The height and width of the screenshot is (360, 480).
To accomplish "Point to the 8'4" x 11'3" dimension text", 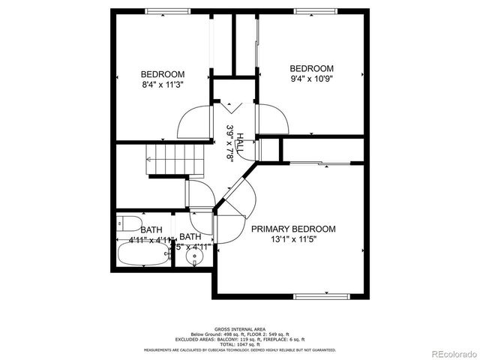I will [x=163, y=85].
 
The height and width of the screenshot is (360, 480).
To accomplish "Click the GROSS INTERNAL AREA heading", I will [x=240, y=329].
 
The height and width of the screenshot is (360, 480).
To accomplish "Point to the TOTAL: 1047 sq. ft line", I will [x=240, y=344].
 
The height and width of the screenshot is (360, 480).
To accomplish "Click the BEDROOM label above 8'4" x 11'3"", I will [x=163, y=74].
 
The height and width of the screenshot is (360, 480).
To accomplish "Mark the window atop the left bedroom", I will [x=166, y=10].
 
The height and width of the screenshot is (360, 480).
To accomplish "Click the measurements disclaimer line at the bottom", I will [x=240, y=349].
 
